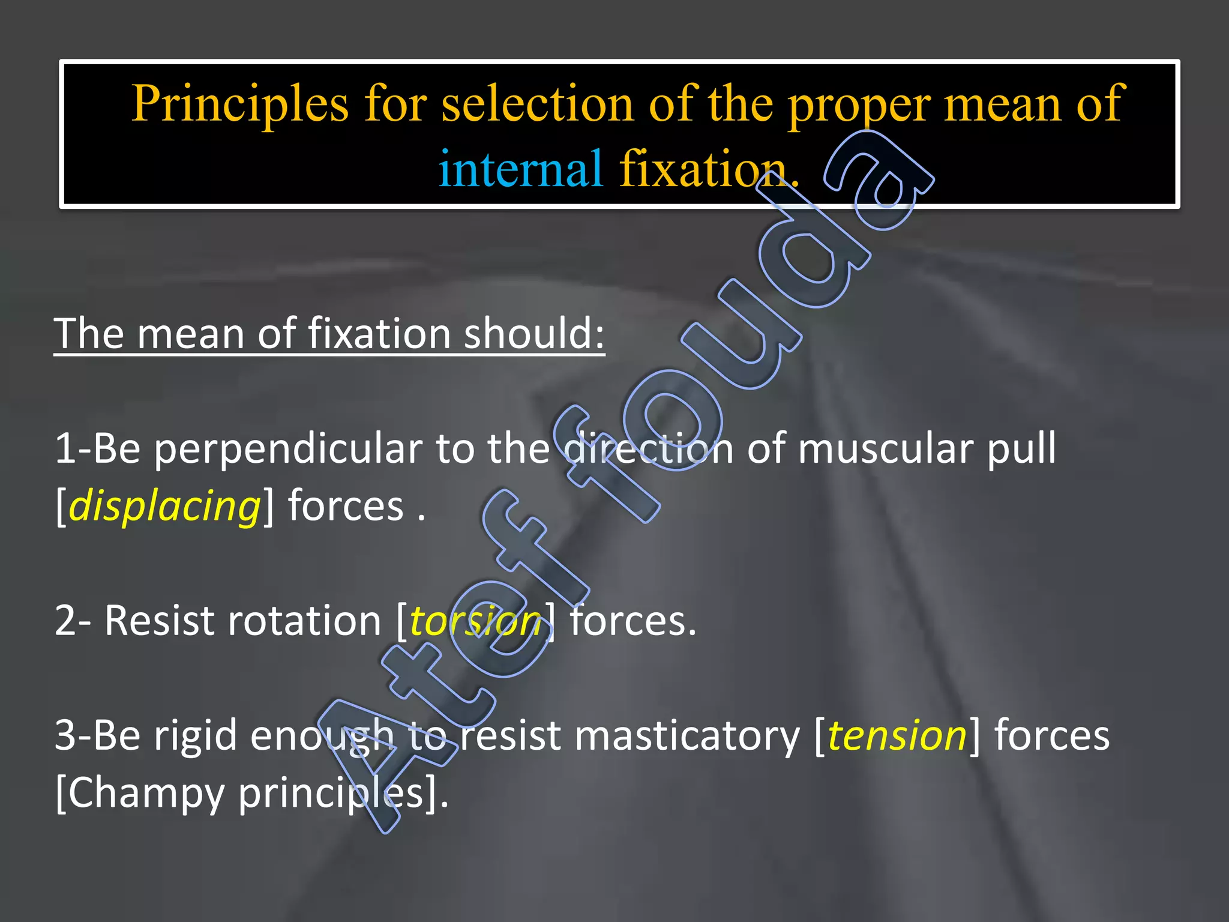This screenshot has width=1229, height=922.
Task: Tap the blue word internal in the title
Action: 520,169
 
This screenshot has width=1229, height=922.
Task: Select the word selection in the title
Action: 537,103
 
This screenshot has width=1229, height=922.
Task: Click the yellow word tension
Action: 897,735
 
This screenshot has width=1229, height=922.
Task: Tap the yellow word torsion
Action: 476,621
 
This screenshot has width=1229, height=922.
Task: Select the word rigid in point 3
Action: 196,736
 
